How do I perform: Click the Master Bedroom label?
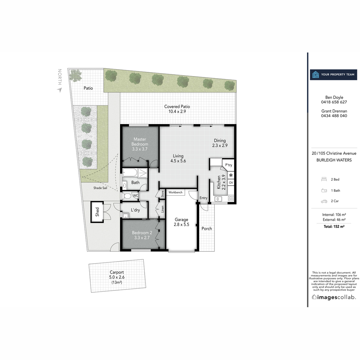click(x=140, y=142)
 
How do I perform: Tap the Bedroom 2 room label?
click(x=142, y=233)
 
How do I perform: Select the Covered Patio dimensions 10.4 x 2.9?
click(x=177, y=112)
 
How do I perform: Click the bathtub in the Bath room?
click(x=130, y=173)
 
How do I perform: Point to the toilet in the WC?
click(x=127, y=196)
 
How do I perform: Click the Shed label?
click(x=97, y=212)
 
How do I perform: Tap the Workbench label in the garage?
click(x=175, y=192)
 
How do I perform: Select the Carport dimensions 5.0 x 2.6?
click(x=117, y=277)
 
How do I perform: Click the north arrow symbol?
click(x=60, y=90)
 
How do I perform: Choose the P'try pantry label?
click(x=229, y=165)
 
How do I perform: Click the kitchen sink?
click(x=218, y=198)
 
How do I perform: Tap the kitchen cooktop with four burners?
click(x=231, y=198)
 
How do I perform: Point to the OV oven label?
click(x=231, y=182)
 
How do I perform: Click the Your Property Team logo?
click(x=333, y=74)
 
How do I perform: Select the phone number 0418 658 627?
click(x=334, y=102)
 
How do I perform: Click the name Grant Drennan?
click(x=334, y=111)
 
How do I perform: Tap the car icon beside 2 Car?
click(x=324, y=201)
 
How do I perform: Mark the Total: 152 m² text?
click(x=334, y=226)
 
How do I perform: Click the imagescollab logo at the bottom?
click(x=334, y=297)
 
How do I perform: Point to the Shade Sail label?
click(x=100, y=188)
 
